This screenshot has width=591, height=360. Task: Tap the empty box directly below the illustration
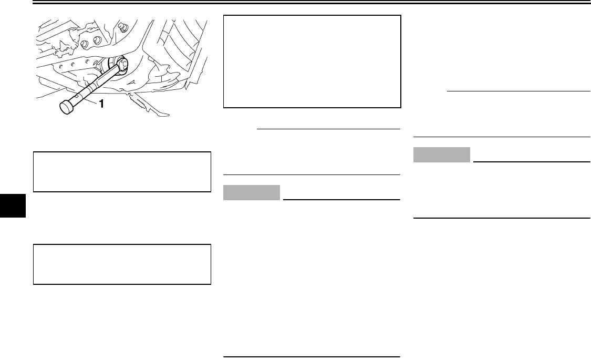[121, 172]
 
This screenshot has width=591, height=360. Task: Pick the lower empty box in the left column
[121, 264]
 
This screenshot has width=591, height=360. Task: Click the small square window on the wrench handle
[77, 96]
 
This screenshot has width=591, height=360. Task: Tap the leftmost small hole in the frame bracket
[62, 66]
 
